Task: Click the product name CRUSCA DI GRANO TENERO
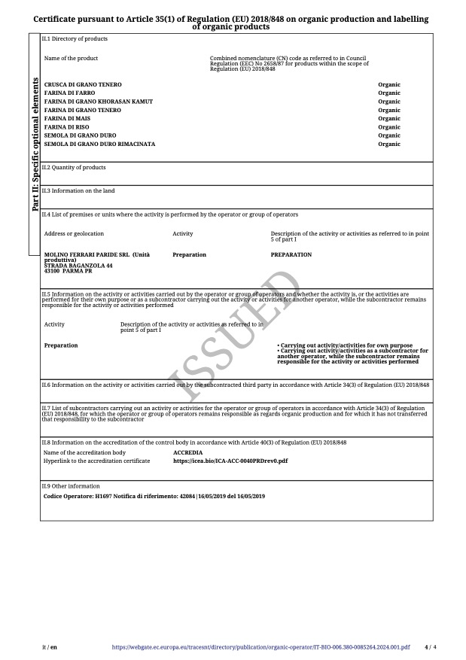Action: pos(83,85)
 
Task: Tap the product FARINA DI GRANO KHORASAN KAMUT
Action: pos(99,102)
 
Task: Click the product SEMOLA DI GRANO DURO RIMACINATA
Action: pos(100,144)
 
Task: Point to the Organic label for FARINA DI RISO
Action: pos(389,127)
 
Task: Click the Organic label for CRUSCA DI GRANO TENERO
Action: pos(389,85)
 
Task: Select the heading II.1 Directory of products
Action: pos(75,38)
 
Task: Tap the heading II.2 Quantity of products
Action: pos(74,167)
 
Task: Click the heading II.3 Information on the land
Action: pos(78,191)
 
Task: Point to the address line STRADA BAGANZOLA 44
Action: pos(78,266)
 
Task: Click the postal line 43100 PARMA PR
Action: pos(68,271)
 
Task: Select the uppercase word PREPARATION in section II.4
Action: pos(291,255)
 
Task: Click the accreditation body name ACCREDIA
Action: pos(187,453)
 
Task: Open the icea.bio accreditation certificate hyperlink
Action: pos(230,461)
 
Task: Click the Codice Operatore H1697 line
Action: pos(154,497)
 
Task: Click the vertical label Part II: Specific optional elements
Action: pos(35,144)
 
